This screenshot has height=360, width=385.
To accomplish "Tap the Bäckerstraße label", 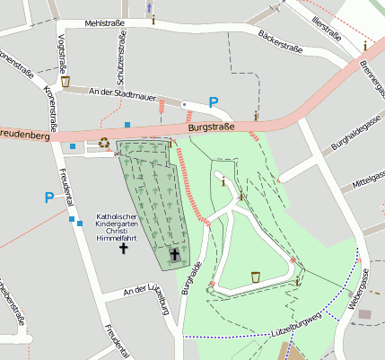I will tap(277, 40).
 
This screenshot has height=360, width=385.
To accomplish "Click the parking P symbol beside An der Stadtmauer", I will tap(214, 102).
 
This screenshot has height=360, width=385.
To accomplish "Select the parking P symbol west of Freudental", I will tap(48, 198).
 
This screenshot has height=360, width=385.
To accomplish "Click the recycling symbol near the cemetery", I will tap(104, 142).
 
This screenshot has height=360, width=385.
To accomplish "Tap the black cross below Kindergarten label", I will tap(123, 246).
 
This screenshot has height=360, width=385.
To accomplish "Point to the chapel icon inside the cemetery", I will tap(174, 255).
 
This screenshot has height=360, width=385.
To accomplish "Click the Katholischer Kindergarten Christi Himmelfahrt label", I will tap(123, 224).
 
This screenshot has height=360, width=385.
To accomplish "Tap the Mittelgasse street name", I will tap(367, 182).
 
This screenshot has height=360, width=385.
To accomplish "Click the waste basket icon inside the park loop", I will tap(257, 277).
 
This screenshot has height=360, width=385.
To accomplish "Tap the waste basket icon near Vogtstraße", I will tap(65, 82).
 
